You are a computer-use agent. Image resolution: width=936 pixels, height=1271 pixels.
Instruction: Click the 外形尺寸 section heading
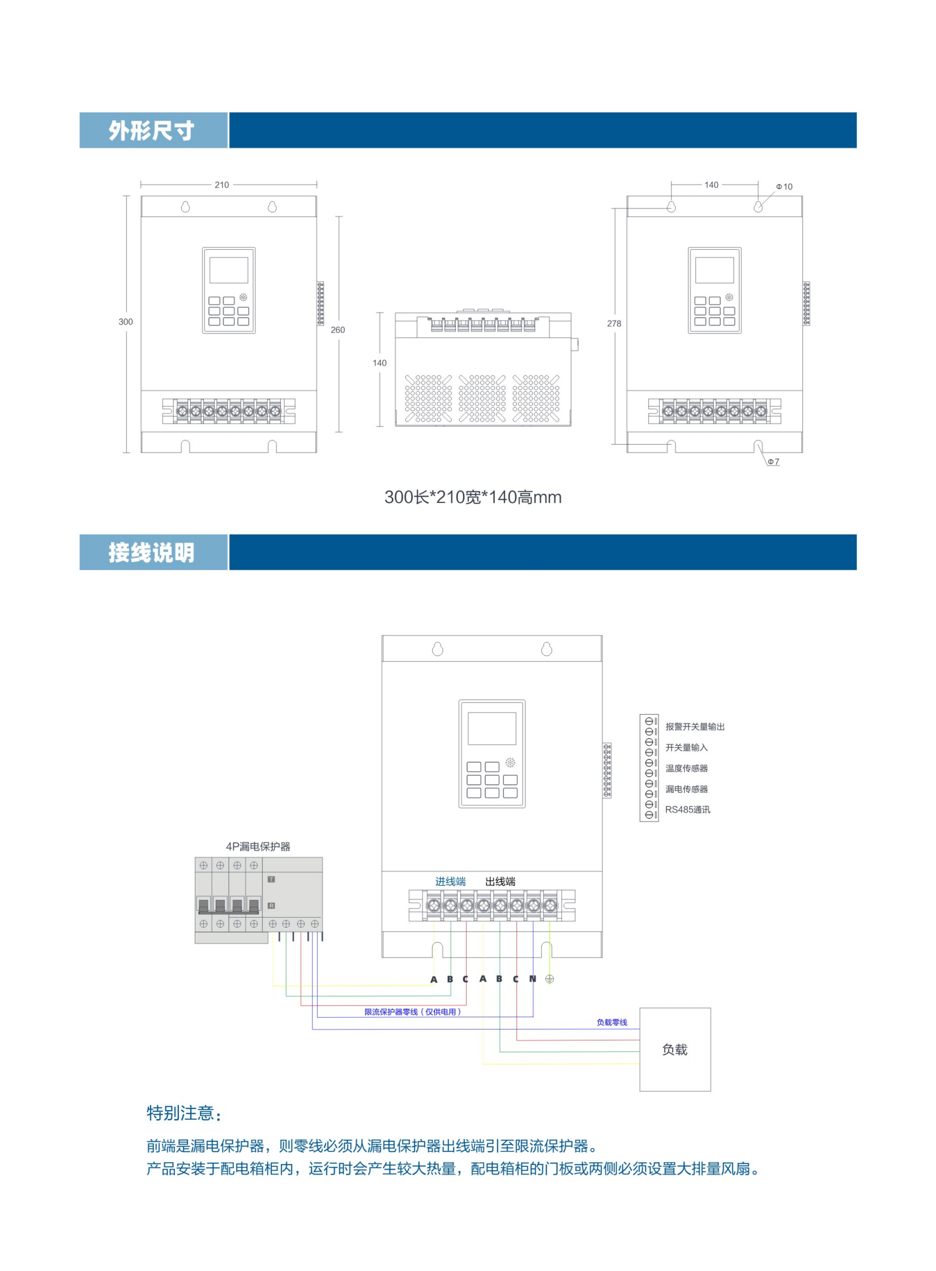(x=151, y=131)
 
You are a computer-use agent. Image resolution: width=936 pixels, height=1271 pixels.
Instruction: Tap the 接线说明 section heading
(x=151, y=552)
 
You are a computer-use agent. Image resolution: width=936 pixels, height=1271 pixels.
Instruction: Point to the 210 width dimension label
(x=221, y=185)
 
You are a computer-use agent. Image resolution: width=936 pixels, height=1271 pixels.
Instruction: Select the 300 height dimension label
(x=125, y=322)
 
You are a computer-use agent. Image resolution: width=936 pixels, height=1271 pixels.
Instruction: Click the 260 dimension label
(x=337, y=330)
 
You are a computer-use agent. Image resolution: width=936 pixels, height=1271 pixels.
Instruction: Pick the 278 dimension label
(x=614, y=323)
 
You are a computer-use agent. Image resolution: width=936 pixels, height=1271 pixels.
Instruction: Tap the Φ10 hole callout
(x=785, y=187)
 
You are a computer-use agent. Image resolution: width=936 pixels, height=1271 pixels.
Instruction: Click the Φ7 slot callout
(x=773, y=462)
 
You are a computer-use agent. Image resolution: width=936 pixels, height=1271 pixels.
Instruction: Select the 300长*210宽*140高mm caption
(x=473, y=497)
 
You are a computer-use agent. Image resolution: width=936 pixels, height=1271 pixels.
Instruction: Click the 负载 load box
(x=675, y=1050)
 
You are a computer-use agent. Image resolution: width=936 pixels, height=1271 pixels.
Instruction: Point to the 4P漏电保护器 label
(x=258, y=847)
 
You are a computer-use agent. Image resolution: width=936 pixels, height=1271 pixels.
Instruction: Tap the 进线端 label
(x=450, y=882)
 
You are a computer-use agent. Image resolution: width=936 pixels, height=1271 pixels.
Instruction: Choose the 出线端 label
(x=501, y=882)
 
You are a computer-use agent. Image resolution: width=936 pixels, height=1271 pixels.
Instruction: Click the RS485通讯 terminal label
(x=687, y=810)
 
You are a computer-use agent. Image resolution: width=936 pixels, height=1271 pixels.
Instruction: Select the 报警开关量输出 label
(x=695, y=727)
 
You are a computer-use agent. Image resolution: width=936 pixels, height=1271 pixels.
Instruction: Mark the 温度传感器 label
(x=687, y=769)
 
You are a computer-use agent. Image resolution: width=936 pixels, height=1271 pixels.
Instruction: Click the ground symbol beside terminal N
(x=550, y=979)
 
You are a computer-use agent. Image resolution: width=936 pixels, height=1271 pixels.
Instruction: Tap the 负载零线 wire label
(x=612, y=1022)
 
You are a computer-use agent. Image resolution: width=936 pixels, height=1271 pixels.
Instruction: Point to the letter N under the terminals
(x=533, y=979)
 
